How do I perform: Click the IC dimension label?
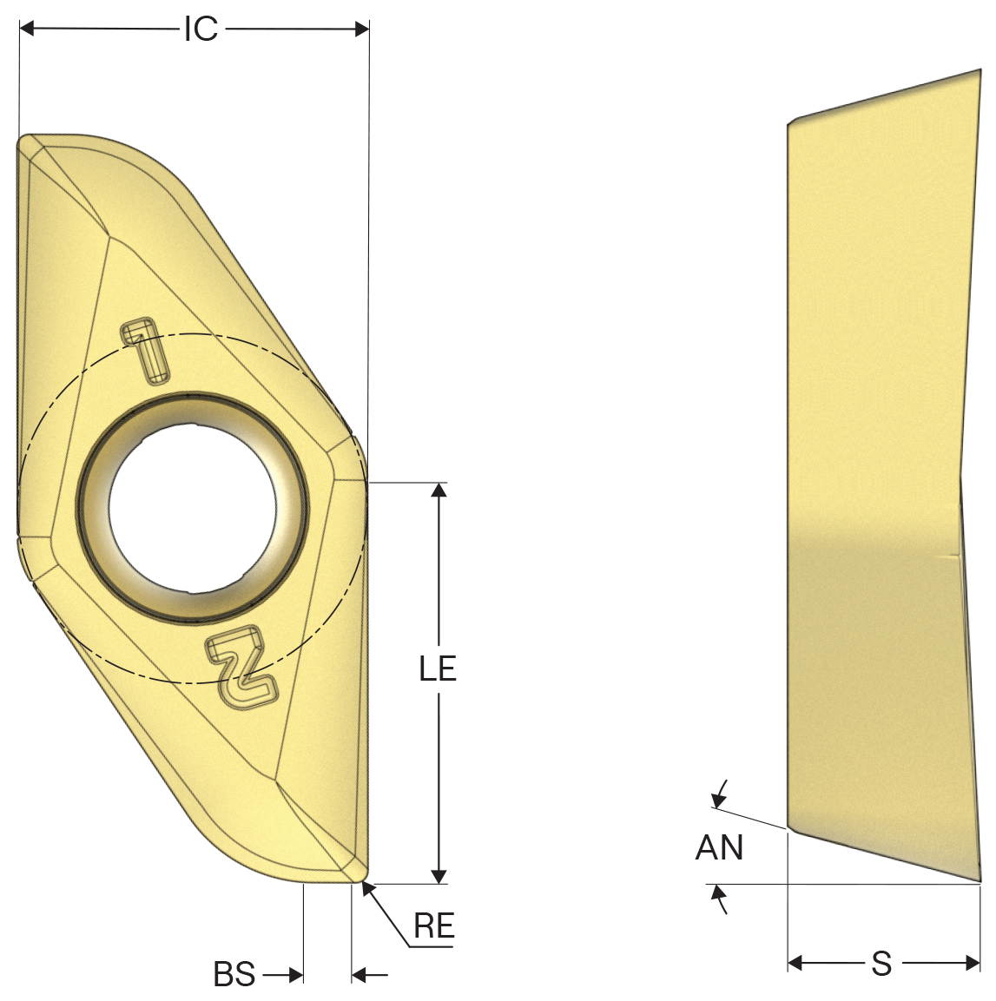(x=201, y=30)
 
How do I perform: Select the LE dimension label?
(x=438, y=668)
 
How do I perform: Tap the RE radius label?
(x=434, y=925)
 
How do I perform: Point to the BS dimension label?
(x=234, y=974)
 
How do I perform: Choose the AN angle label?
(x=720, y=848)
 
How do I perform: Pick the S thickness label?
(x=881, y=963)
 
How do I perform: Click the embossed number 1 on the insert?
(x=145, y=351)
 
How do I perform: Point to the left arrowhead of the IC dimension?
(x=27, y=29)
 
